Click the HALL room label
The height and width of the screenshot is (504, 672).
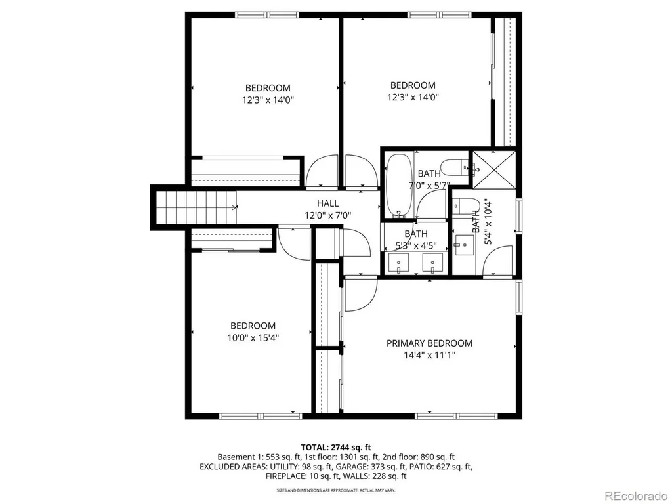328,203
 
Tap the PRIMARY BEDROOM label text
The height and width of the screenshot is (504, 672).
429,343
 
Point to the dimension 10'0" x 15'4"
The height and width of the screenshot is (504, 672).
253,338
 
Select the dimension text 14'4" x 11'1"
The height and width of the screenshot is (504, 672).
429,355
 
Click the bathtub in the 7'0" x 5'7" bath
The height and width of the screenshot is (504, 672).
398,185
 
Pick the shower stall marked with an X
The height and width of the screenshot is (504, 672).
494,170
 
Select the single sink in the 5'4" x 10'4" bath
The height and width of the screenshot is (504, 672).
464,245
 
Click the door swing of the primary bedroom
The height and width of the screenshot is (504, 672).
361,295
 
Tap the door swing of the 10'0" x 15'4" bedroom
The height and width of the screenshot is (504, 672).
294,242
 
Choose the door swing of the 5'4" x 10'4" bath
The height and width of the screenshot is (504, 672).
497,261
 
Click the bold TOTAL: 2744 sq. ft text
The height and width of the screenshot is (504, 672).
336,448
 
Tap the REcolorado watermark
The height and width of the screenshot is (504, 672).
635,496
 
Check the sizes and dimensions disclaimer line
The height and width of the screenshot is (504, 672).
336,490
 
